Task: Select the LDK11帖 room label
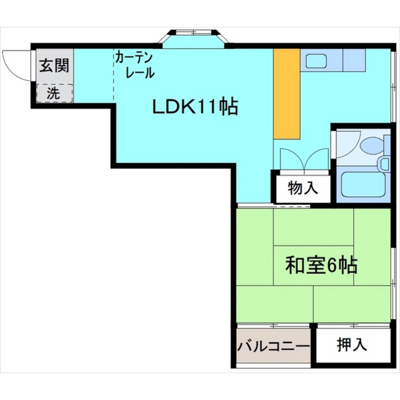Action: click(195, 107)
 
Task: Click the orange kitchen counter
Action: click(287, 94)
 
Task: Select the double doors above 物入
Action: click(303, 159)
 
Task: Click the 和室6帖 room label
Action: click(321, 265)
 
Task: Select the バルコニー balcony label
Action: click(273, 346)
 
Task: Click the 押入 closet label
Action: click(351, 344)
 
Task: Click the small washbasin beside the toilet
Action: click(384, 164)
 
